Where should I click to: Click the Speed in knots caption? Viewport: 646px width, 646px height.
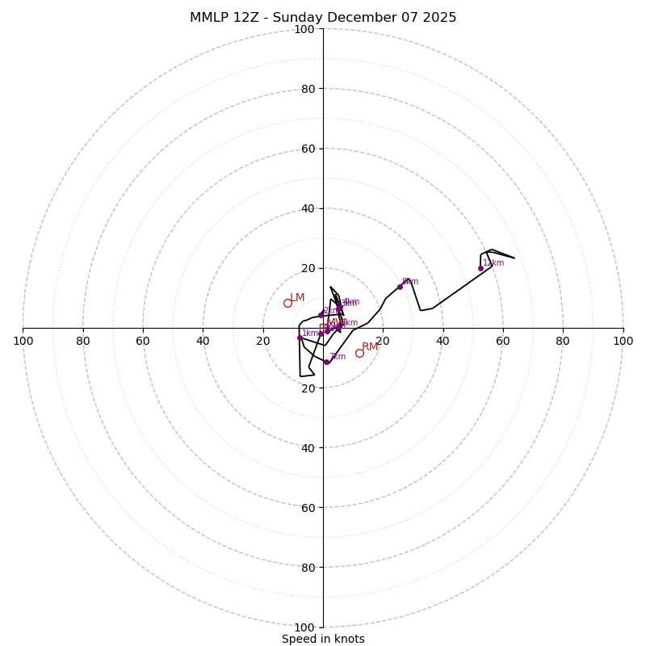coord(323,639)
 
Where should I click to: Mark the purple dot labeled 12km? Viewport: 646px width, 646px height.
coord(480,268)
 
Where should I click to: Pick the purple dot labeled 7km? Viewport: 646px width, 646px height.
coord(326,362)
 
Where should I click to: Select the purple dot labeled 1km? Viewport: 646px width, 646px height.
coord(300,338)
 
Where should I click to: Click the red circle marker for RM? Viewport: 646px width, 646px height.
coord(359,353)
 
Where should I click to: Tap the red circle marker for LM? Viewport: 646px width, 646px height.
coord(287,303)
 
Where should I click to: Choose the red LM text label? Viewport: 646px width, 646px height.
coord(298,298)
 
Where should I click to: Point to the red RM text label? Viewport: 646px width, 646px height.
coord(370,347)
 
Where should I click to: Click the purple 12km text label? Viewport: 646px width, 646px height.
coord(493,262)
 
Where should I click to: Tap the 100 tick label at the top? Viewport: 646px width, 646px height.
coord(304,29)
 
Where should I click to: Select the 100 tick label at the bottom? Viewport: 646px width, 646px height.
coord(304,627)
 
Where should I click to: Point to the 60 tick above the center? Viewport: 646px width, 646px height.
coord(308,149)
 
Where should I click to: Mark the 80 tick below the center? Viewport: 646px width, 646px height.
coord(308,568)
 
